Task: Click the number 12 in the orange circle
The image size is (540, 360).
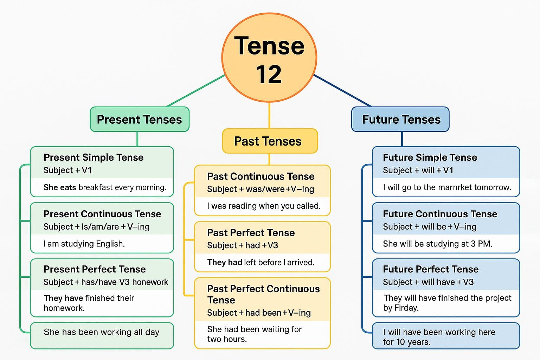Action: (x=269, y=74)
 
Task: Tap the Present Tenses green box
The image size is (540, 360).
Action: (x=140, y=120)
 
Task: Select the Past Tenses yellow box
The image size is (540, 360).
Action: (x=270, y=141)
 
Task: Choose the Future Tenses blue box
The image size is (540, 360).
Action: (x=400, y=120)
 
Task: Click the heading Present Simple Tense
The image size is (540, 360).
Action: (x=94, y=157)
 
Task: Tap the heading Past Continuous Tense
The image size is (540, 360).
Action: (x=261, y=176)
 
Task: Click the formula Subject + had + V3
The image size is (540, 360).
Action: (x=243, y=245)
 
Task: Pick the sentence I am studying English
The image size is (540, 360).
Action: (x=84, y=244)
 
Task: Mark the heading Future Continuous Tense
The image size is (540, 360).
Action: (x=440, y=214)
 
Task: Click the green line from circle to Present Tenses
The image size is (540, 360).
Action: (x=196, y=91)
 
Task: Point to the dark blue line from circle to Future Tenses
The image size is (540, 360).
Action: (x=342, y=91)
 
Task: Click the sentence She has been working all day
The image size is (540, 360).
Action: (x=102, y=332)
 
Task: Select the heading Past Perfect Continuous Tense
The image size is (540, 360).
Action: (x=263, y=294)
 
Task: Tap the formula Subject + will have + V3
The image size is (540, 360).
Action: (x=428, y=282)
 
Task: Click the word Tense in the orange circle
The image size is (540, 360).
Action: (x=269, y=46)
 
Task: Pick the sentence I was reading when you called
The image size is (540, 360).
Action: (x=264, y=206)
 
